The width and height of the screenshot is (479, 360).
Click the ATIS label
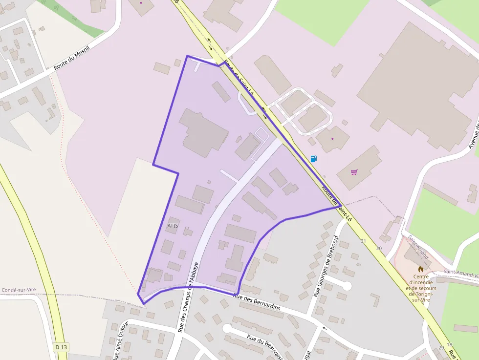pyautogui.click(x=173, y=226)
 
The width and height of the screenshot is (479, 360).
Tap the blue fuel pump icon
pyautogui.click(x=313, y=159)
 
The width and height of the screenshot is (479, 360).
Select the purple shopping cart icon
pyautogui.click(x=354, y=172)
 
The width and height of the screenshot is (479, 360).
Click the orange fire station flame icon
pyautogui.click(x=420, y=269)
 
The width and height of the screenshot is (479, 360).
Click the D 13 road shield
pyautogui.click(x=61, y=347)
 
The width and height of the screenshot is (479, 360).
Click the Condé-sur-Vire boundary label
pyautogui.click(x=19, y=290)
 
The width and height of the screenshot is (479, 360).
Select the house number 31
pyautogui.click(x=363, y=241)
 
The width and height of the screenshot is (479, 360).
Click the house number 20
pyautogui.click(x=379, y=248)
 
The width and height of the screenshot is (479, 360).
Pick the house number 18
pyautogui.click(x=449, y=344)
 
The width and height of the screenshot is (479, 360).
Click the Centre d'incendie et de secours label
pyautogui.click(x=420, y=288)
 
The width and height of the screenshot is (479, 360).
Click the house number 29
pyautogui.click(x=441, y=348)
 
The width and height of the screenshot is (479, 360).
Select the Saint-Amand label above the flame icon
pyautogui.click(x=419, y=248)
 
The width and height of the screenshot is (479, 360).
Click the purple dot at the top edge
pyautogui.click(x=141, y=2)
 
